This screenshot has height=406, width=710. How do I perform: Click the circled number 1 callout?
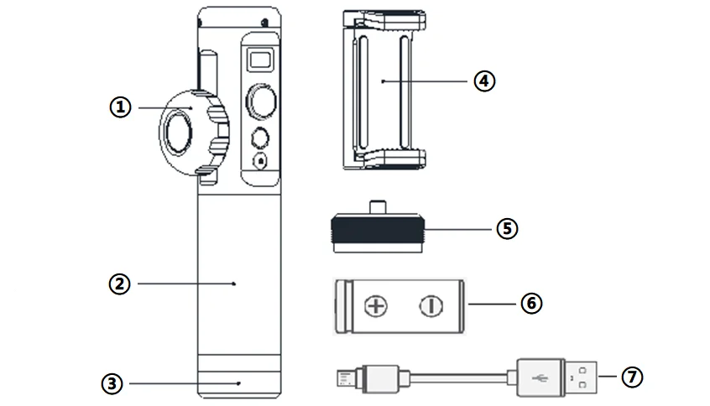pyautogui.click(x=121, y=107)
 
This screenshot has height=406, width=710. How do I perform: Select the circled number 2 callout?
pyautogui.click(x=119, y=284)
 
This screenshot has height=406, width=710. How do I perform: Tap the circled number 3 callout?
pyautogui.click(x=112, y=384)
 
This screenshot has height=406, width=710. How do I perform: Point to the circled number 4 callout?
pyautogui.click(x=484, y=81)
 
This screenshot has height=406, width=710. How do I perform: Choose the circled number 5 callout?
pyautogui.click(x=507, y=228)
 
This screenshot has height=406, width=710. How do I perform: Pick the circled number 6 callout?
pyautogui.click(x=531, y=303)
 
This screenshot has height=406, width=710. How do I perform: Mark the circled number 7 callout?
pyautogui.click(x=632, y=377)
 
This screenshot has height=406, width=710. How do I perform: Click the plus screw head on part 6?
pyautogui.click(x=376, y=306)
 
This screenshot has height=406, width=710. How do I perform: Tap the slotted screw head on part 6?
pyautogui.click(x=431, y=306)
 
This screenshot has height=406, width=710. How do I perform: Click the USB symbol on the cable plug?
pyautogui.click(x=540, y=377)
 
